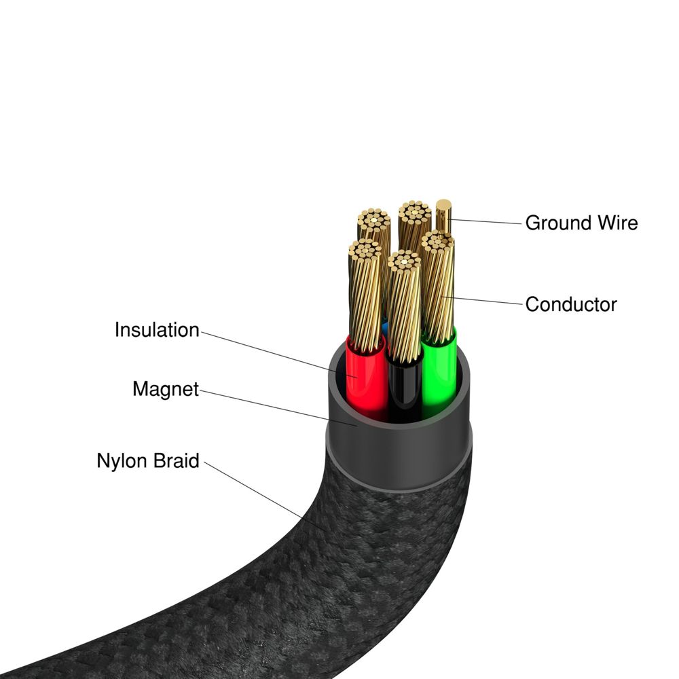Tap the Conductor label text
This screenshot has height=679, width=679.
click(571, 304)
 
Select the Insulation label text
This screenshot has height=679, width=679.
click(157, 330)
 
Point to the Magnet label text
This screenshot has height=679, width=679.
click(166, 389)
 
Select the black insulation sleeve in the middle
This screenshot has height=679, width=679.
click(404, 387)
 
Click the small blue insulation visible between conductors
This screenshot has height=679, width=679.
click(386, 326)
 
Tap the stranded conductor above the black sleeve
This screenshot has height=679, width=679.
click(405, 306)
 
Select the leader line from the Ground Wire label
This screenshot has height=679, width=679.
click(485, 220)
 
